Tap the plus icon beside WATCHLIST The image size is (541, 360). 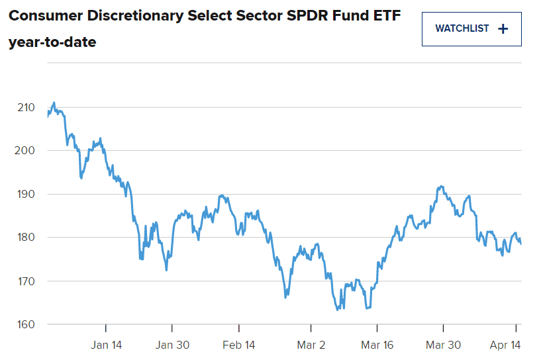click(x=503, y=28)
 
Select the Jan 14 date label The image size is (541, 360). click(x=107, y=345)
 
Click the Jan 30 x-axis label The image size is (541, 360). click(x=172, y=345)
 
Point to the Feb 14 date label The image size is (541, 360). click(x=239, y=345)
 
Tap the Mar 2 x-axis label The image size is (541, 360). click(x=311, y=345)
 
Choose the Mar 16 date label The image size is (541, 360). click(x=377, y=345)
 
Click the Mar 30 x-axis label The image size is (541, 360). click(x=443, y=345)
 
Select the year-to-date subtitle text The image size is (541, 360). click(x=52, y=42)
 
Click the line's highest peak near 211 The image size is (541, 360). click(x=54, y=103)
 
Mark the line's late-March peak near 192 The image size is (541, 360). click(x=440, y=187)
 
